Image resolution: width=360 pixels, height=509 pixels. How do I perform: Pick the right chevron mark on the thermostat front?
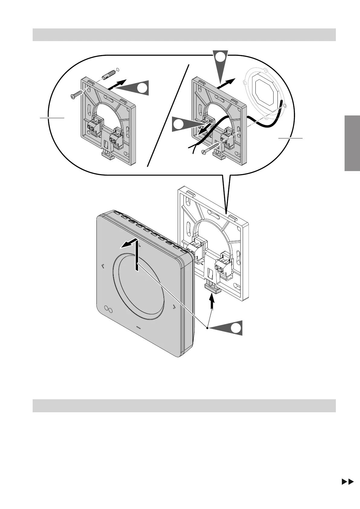click(x=174, y=307)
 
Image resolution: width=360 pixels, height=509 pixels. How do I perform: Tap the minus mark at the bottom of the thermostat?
click(x=139, y=327)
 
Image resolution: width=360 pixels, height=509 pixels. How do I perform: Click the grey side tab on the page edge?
click(x=352, y=143)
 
